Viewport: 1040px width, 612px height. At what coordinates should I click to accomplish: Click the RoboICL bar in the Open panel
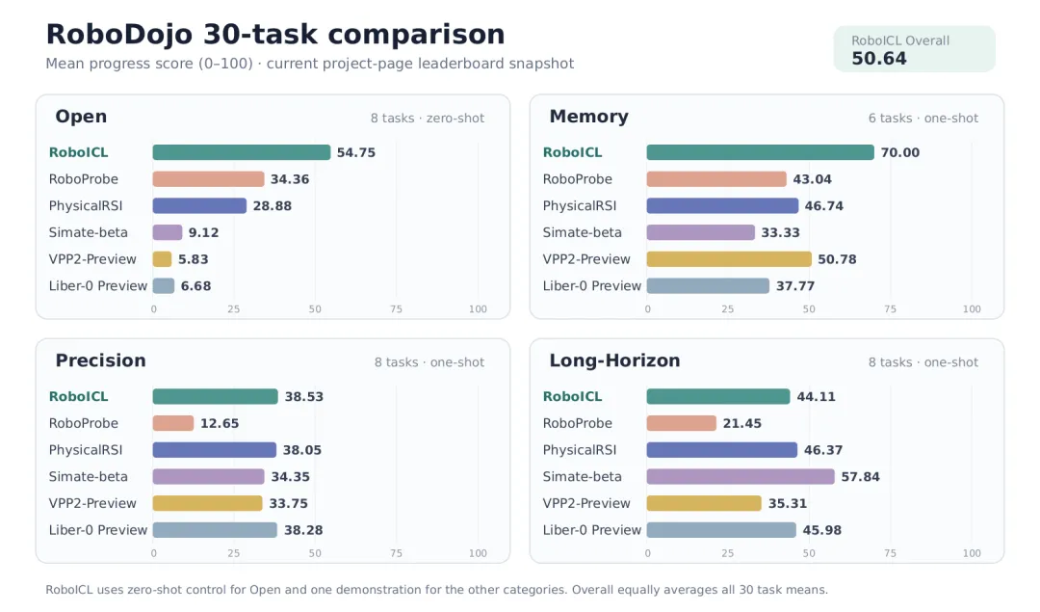coord(242,152)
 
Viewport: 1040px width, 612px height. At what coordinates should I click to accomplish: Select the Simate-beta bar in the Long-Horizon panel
coord(741,477)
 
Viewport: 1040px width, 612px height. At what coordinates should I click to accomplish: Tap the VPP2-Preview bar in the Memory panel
coord(729,259)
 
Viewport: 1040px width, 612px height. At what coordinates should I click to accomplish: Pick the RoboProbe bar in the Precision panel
coord(173,423)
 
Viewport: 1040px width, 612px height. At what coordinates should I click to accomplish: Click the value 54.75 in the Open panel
coord(356,152)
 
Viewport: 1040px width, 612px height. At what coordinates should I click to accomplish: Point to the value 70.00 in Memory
coord(900,152)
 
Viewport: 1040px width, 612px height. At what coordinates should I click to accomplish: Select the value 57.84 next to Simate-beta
coord(860,477)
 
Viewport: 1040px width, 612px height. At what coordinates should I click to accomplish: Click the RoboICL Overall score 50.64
coord(879,59)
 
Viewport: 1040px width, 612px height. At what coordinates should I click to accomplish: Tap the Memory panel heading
coord(588,117)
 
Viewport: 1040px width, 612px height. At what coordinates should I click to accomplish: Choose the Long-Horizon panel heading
coord(614,360)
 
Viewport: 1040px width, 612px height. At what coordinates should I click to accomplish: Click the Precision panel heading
coord(100,360)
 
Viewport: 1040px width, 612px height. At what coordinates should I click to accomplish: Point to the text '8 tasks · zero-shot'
coord(428,119)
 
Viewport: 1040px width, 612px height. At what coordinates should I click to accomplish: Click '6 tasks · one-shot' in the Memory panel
coord(923,119)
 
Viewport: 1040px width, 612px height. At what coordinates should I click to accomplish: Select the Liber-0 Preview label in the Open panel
coord(98,286)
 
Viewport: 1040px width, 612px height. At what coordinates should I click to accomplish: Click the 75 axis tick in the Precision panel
coord(396,553)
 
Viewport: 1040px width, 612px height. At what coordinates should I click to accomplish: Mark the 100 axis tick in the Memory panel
coord(972,309)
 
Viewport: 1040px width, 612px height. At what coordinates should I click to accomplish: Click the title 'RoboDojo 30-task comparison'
coord(275,35)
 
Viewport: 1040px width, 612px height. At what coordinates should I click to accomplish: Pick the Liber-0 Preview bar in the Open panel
coord(163,286)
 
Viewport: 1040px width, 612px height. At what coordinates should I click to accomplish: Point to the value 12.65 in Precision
coord(220,423)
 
